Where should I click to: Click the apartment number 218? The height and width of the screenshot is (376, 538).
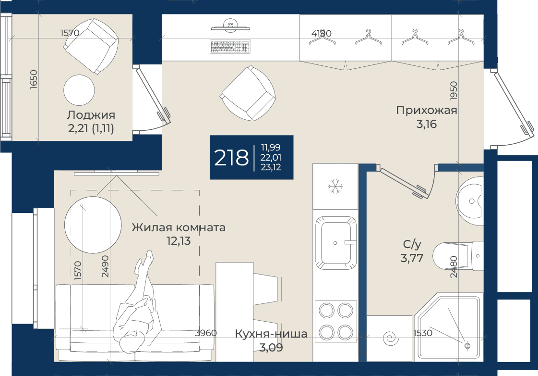pos(231,158)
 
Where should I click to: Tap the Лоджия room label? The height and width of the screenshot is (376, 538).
pos(91,115)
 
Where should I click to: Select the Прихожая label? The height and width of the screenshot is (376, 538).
pos(427,110)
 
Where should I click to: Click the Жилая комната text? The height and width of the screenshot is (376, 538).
pos(179,227)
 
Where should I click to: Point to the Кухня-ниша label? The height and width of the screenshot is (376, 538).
pos(271,334)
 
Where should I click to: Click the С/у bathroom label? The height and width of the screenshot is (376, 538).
pos(412,244)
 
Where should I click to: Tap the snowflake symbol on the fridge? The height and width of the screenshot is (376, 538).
pos(335,186)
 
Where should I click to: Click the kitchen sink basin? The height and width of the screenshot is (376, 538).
pos(335,243)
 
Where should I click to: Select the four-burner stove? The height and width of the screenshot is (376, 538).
pos(335,321)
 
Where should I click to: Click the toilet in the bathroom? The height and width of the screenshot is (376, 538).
pos(458,256)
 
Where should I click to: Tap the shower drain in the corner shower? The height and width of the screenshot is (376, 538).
pos(467,345)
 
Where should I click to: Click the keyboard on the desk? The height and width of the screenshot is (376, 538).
pos(229,47)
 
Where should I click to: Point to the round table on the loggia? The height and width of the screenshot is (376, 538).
pos(79,90)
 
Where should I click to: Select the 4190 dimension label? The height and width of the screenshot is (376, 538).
pos(322,33)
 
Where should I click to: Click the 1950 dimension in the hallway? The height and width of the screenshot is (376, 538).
pos(454,91)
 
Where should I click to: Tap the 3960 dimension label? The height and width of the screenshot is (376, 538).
pos(206,333)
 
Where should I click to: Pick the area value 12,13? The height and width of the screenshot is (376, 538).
pos(179,241)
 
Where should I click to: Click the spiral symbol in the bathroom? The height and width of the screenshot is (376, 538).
pos(391,338)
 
